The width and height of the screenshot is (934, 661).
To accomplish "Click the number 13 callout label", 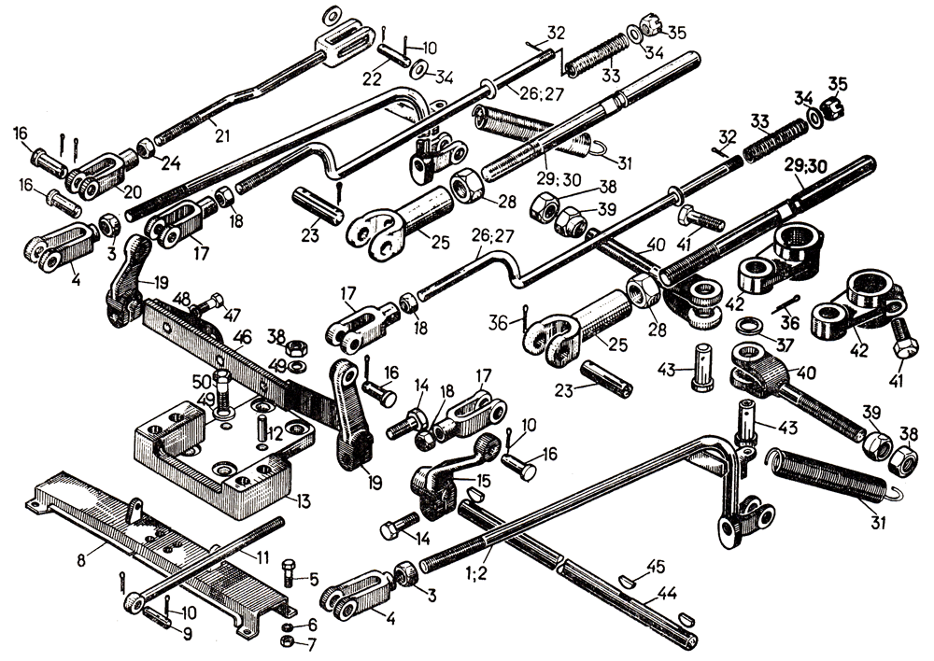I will pyautogui.click(x=303, y=502).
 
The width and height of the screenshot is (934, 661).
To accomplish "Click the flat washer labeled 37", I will pyautogui.click(x=747, y=327).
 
